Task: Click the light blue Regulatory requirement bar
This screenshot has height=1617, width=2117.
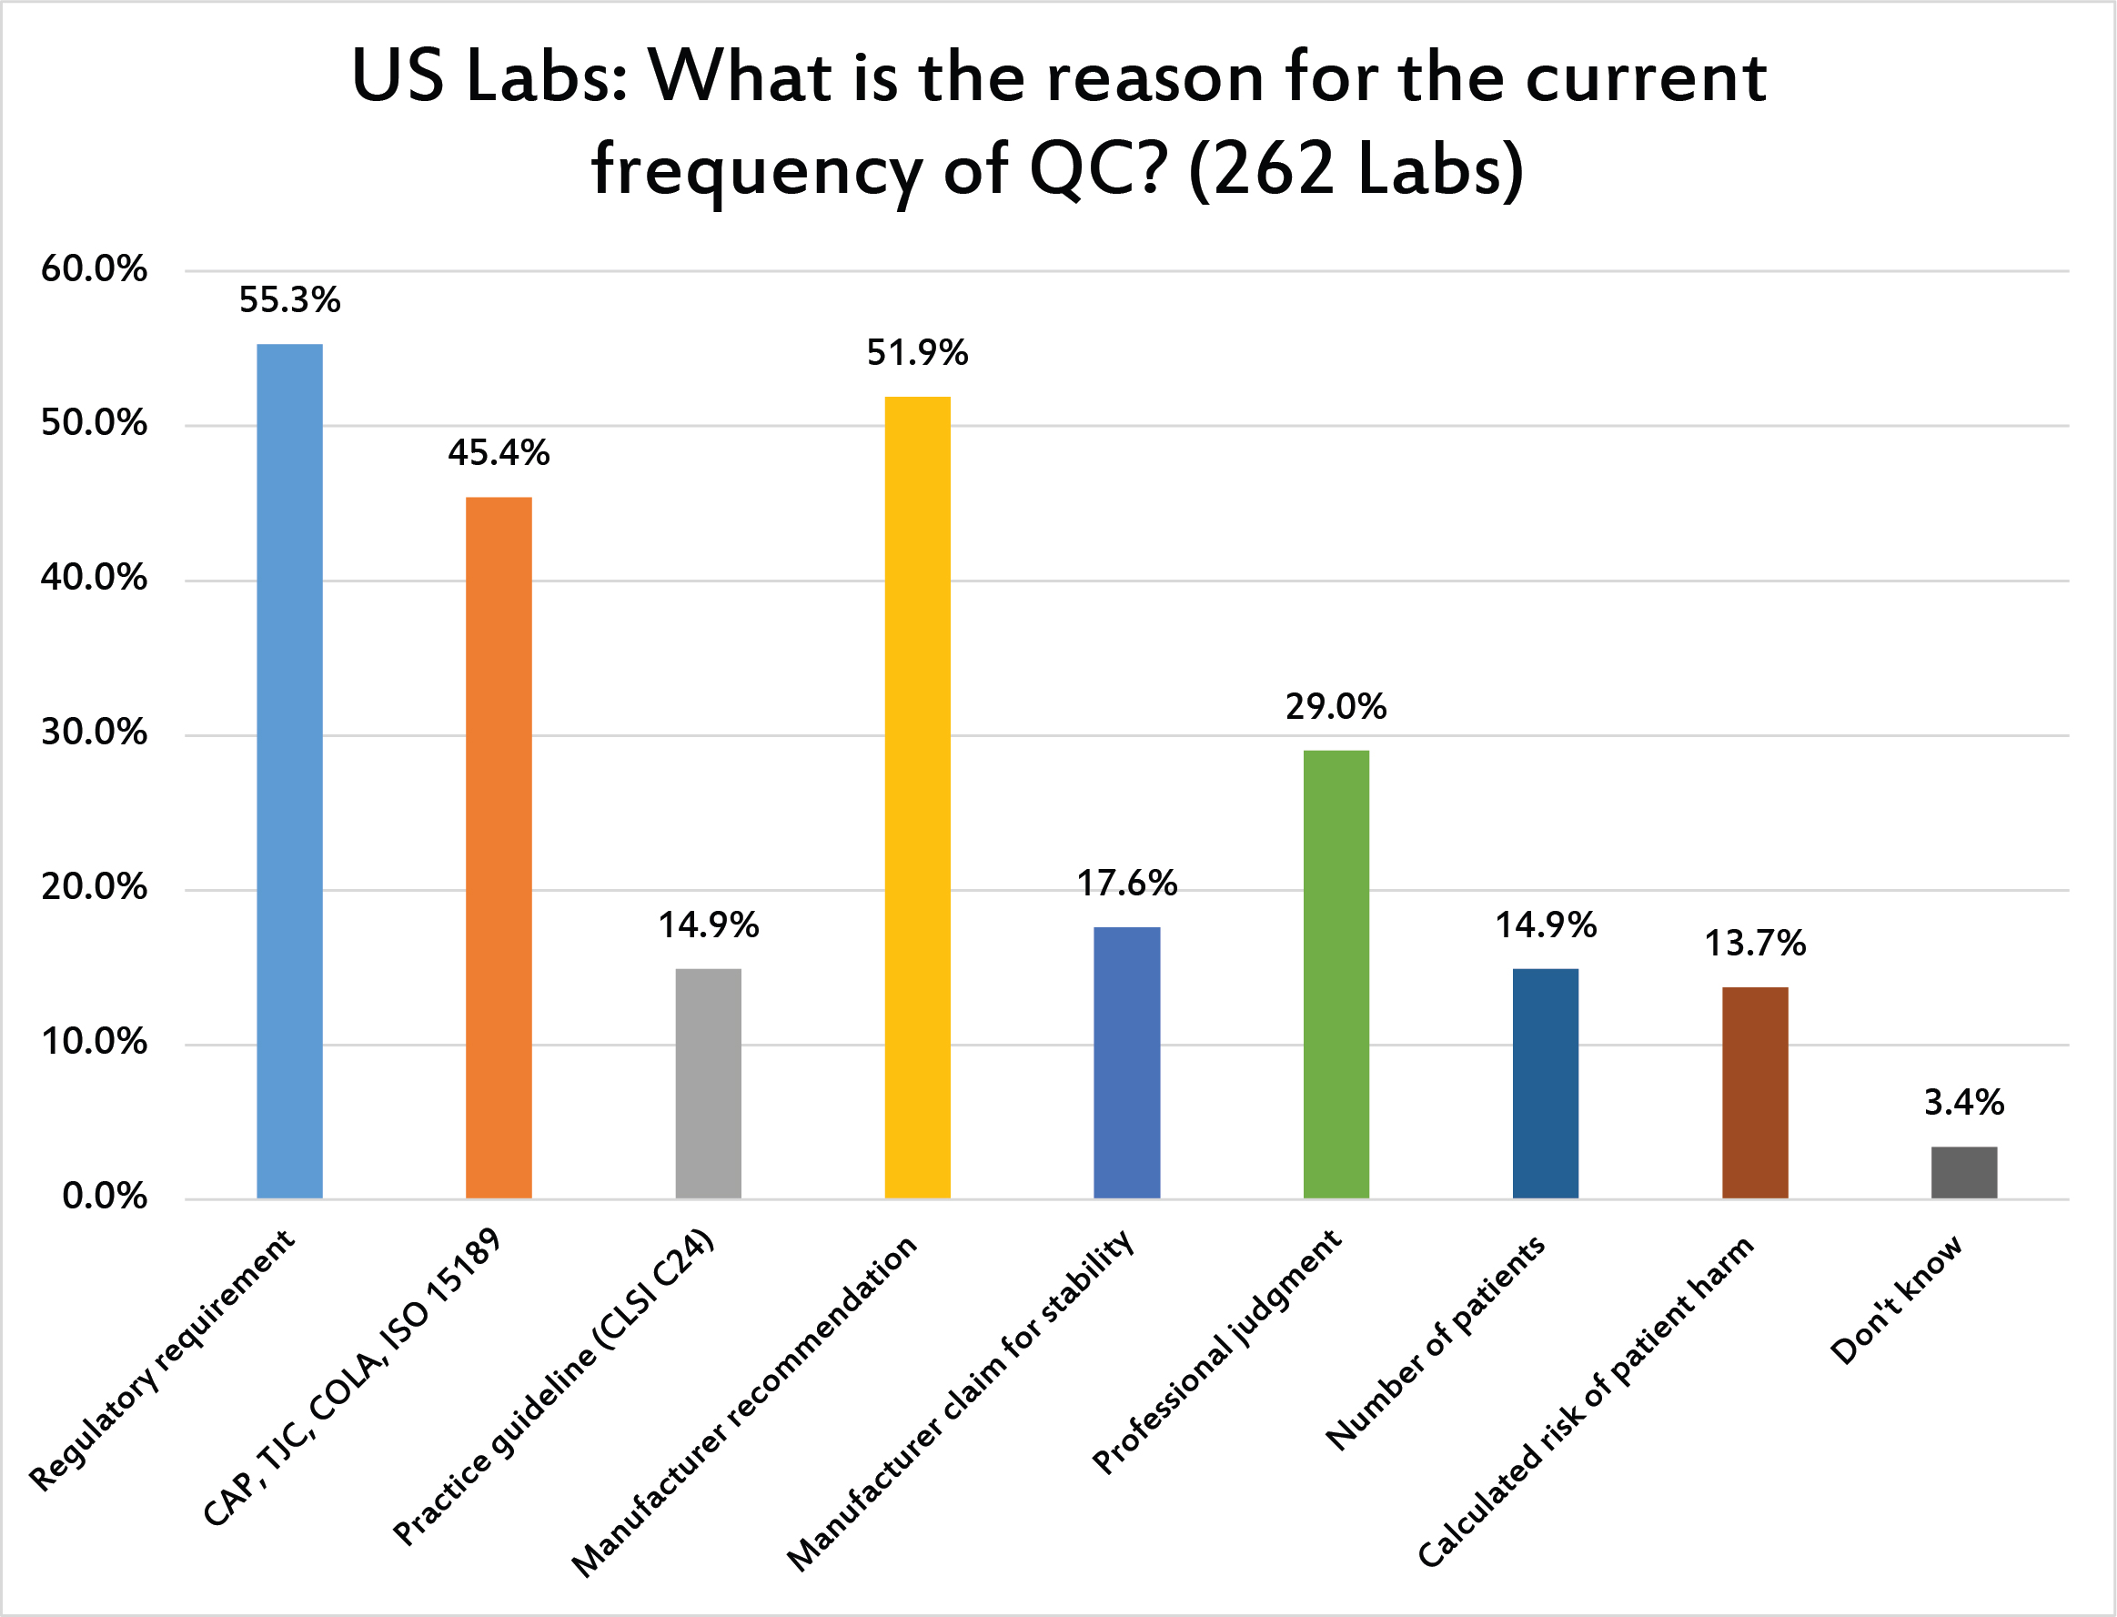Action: click(x=289, y=770)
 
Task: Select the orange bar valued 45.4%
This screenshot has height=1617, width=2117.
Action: click(x=499, y=847)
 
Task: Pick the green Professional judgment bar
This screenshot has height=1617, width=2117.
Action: click(x=1336, y=973)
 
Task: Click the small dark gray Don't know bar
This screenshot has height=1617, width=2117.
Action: click(x=1964, y=1171)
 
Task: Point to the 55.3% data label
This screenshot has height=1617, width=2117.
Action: click(x=289, y=300)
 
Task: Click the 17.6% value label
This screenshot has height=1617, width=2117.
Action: click(x=1126, y=884)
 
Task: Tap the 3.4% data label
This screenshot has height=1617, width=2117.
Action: click(x=1964, y=1102)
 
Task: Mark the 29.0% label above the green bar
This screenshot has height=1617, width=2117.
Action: click(x=1336, y=707)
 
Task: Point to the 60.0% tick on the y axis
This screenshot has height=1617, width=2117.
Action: click(x=94, y=268)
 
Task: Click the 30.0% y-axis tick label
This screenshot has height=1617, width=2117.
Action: click(x=94, y=733)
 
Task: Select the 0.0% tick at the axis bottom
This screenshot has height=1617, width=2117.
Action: click(x=104, y=1197)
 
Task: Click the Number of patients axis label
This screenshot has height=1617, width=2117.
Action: click(x=1436, y=1343)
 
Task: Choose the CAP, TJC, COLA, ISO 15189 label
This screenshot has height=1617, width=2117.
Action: click(x=352, y=1378)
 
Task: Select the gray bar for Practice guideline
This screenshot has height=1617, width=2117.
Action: click(x=708, y=1083)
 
